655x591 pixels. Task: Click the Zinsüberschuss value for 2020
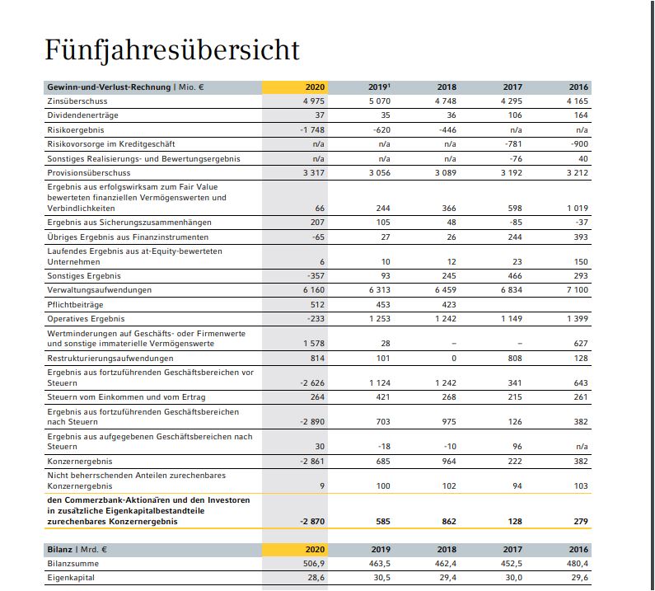pos(314,101)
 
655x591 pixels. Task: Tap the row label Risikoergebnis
pos(76,130)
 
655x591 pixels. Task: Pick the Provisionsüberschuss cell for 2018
pos(445,173)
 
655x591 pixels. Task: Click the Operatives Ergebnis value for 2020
pos(315,318)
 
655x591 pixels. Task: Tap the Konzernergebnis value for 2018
pos(448,462)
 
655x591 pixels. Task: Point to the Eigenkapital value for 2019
pos(380,578)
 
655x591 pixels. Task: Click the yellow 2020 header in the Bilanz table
pos(315,548)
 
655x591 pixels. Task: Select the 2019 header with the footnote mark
pos(380,87)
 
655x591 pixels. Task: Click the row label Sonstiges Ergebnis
pos(84,276)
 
